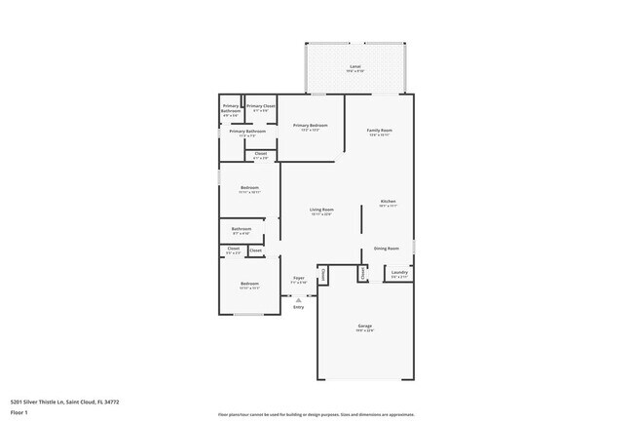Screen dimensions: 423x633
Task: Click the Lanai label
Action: tap(354, 66)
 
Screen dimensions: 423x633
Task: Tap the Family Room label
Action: tap(379, 131)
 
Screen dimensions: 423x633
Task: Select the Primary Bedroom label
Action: tap(310, 126)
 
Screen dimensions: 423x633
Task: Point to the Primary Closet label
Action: tap(260, 106)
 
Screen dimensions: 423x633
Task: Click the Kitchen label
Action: tap(388, 202)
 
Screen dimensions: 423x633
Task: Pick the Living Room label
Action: tap(321, 210)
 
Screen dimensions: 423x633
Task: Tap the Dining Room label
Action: tap(387, 249)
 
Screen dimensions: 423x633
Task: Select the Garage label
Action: tap(364, 327)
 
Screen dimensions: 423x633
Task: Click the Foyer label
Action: tap(299, 279)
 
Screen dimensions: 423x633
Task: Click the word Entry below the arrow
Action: tap(298, 307)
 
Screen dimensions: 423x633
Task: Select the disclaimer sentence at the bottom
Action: tap(316, 414)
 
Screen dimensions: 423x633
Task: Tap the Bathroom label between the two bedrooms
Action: tap(241, 230)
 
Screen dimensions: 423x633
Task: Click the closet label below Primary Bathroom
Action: tap(260, 153)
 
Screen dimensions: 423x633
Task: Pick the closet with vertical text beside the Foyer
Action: tap(323, 274)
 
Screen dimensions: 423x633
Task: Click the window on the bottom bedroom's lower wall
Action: tap(248, 315)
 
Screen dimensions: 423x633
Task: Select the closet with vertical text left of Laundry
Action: tap(363, 274)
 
